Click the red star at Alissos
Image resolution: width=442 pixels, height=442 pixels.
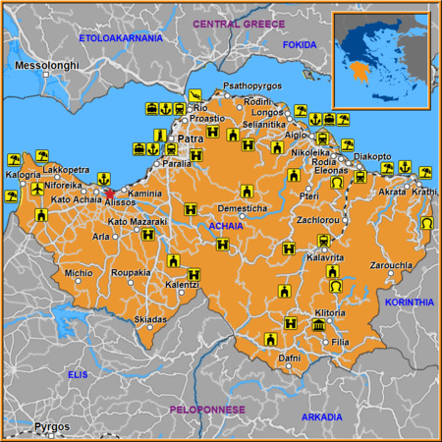111,193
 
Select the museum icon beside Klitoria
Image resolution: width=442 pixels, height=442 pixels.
318,326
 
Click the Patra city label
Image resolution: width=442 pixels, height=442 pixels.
191,140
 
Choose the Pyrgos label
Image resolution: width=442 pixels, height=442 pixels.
52,427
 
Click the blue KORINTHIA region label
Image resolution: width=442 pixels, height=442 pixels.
411,303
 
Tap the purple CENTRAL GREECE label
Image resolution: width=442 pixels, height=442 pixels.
239,23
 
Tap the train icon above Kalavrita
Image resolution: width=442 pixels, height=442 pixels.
320,240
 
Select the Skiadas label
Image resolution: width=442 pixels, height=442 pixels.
150,320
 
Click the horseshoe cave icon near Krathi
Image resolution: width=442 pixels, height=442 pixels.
427,224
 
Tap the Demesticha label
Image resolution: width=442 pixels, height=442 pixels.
242,208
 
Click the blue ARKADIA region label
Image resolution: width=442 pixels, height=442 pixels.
322,417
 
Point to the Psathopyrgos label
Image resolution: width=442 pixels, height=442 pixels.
253,86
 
